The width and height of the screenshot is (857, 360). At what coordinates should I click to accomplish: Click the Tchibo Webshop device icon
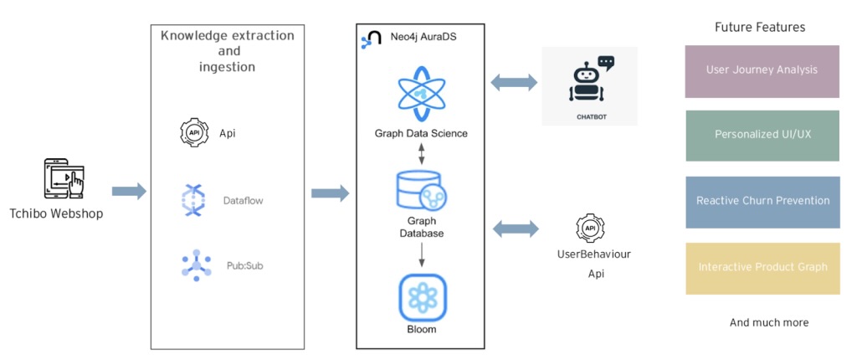tap(64, 177)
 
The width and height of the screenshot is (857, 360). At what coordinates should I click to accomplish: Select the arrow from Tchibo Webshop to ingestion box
tap(128, 192)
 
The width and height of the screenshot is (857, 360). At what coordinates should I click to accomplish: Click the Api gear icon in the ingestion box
tap(194, 132)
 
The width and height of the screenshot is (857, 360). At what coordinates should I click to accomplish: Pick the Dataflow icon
tap(194, 200)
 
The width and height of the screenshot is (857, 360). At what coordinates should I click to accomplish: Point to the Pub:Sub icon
tap(195, 265)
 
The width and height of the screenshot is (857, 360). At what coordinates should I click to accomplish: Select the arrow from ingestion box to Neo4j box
tap(330, 193)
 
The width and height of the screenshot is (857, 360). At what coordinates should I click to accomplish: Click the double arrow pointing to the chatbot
tap(514, 82)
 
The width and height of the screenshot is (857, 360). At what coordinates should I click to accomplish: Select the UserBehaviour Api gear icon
tap(591, 228)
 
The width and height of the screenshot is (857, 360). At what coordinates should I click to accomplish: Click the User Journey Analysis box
tap(762, 71)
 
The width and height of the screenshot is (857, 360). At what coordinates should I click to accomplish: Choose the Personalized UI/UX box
tap(762, 135)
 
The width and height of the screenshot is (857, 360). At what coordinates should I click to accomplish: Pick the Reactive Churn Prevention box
tap(762, 202)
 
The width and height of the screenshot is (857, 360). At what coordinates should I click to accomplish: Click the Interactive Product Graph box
tap(762, 268)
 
